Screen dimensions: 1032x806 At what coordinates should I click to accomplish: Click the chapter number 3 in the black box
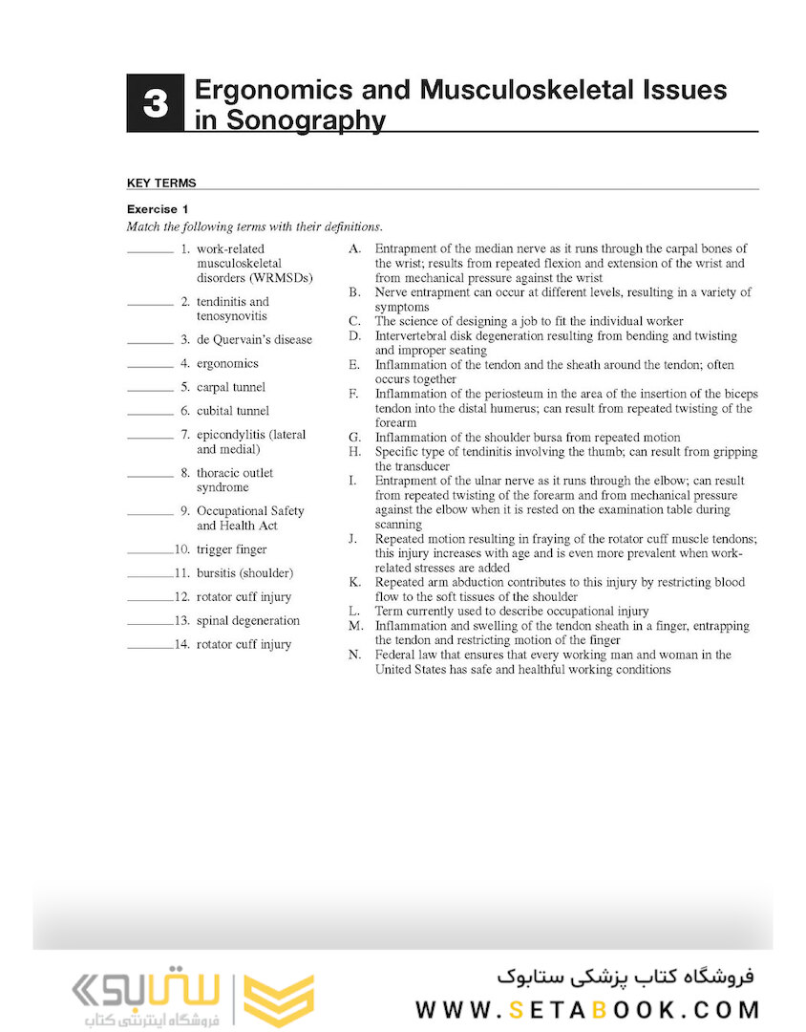(x=155, y=103)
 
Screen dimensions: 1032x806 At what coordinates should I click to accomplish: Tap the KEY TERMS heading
(x=161, y=183)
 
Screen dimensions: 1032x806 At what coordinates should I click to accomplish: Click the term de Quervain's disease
(x=254, y=339)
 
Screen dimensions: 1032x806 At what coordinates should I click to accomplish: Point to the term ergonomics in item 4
(x=227, y=363)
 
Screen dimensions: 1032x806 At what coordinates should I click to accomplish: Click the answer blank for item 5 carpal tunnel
(x=150, y=391)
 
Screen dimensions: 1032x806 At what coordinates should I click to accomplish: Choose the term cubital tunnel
(x=233, y=411)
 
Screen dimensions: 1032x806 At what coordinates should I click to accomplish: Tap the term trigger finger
(x=231, y=549)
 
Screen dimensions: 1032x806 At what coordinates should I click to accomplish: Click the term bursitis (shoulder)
(x=244, y=573)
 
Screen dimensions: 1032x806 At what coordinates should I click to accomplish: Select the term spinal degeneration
(x=247, y=620)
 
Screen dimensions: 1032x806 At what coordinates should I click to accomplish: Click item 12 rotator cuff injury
(x=244, y=596)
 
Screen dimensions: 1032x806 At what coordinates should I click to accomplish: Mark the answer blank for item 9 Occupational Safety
(x=150, y=515)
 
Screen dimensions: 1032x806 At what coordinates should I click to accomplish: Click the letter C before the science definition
(x=354, y=321)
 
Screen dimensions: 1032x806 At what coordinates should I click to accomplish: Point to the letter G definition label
(x=354, y=438)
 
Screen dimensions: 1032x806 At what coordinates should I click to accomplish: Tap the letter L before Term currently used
(x=353, y=611)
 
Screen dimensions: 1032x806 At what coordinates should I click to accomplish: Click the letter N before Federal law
(x=354, y=655)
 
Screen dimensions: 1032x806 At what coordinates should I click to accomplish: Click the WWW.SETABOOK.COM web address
(x=587, y=1010)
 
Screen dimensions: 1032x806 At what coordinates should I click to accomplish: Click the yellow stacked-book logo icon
(x=278, y=1000)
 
